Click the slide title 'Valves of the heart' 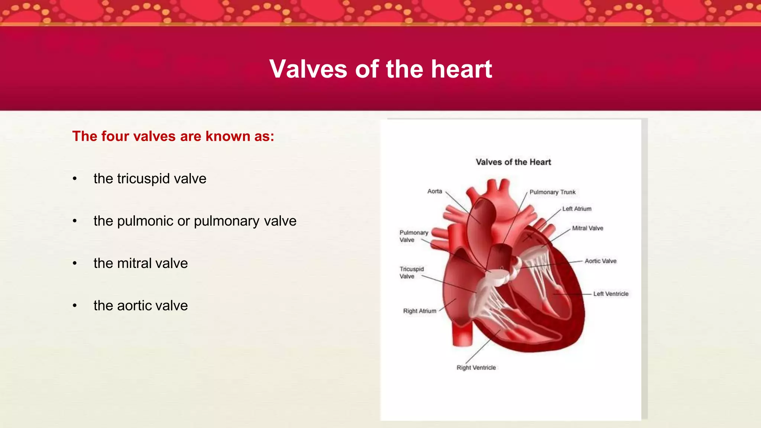click(380, 69)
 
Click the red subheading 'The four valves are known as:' click(173, 136)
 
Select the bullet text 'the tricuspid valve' click(150, 179)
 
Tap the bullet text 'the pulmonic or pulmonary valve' click(195, 221)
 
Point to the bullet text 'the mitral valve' click(140, 263)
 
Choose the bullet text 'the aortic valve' click(140, 306)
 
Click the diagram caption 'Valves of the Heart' click(513, 162)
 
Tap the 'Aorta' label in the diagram click(434, 191)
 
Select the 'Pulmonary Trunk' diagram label click(552, 192)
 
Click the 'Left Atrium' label click(577, 209)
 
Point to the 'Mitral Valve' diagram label click(587, 228)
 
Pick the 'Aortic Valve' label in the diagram click(600, 261)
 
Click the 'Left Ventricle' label click(611, 294)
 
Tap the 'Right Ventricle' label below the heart click(476, 367)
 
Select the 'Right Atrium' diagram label click(420, 311)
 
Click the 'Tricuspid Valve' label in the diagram click(411, 273)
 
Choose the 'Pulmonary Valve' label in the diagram click(414, 236)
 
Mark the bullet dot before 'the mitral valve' click(75, 263)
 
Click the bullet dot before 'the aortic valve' click(75, 306)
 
